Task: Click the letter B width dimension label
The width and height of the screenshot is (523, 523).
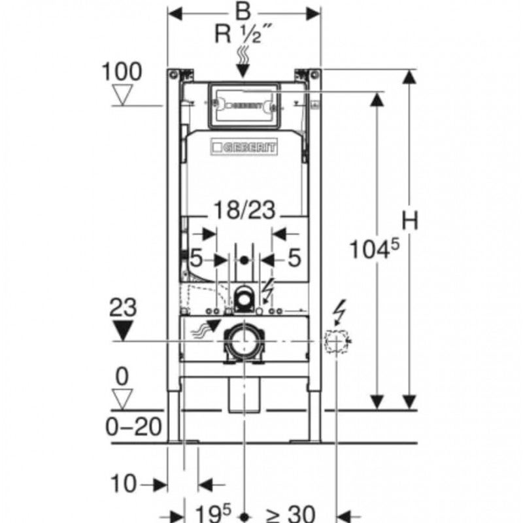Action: (x=243, y=12)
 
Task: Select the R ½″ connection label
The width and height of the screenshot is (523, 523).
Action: (x=243, y=34)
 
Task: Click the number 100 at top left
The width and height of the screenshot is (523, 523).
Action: (x=122, y=72)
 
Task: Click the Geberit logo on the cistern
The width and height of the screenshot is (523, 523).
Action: (x=243, y=148)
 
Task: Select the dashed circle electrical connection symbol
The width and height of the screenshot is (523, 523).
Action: (x=337, y=340)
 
